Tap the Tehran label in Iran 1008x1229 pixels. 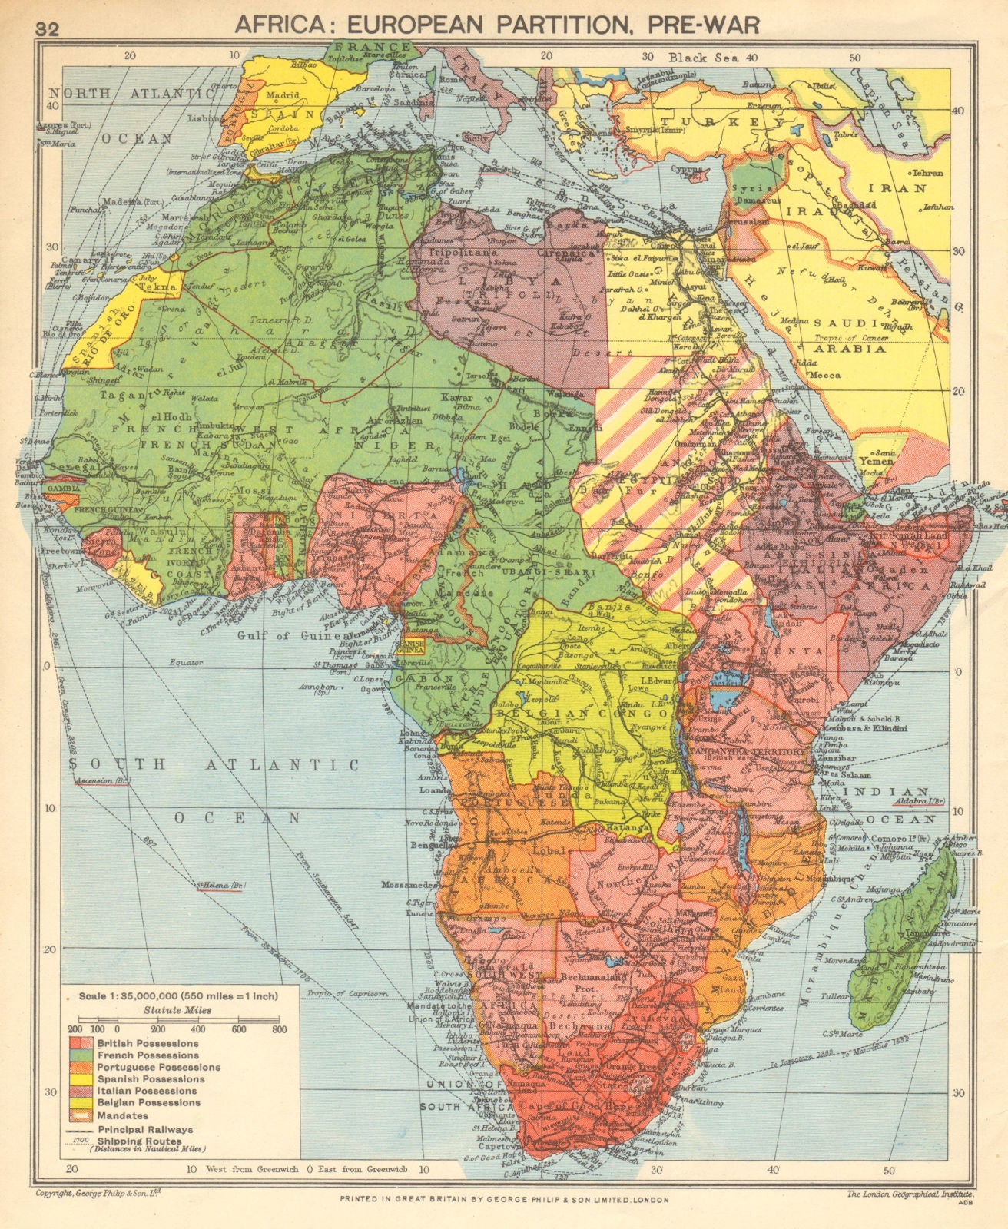pos(927,173)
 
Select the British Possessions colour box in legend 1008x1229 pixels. pos(79,1043)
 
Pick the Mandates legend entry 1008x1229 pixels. pos(122,1115)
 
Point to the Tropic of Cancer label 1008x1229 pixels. pos(850,339)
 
